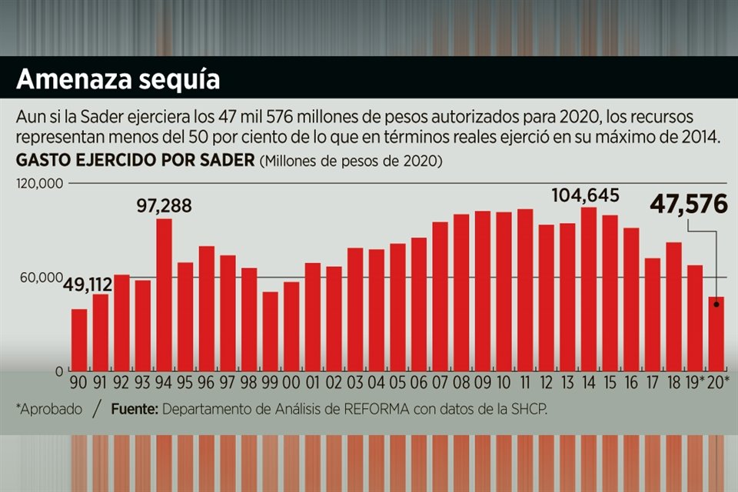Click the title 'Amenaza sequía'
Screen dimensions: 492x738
[118, 80]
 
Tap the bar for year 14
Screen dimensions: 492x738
[589, 289]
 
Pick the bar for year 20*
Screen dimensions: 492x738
[716, 334]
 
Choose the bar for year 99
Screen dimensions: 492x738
[270, 331]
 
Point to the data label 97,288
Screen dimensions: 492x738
[164, 206]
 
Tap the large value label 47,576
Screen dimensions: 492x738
[688, 204]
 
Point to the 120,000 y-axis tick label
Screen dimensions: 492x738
[41, 184]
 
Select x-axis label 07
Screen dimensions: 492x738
[440, 383]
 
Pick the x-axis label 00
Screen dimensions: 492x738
[291, 383]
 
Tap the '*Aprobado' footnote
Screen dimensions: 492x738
[48, 409]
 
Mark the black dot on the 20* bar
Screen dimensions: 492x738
[716, 304]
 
